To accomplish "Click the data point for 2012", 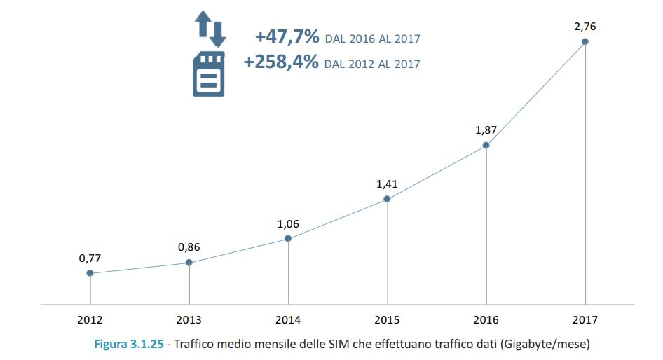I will pos(90,273).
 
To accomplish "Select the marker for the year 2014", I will pos(288,239).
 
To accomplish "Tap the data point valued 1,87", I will pos(486,146).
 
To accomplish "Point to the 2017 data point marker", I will pos(585,41).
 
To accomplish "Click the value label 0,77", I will pos(90,258).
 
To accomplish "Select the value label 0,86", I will pos(189,247).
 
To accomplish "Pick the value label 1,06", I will pos(288,223).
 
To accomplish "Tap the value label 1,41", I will pos(387,184).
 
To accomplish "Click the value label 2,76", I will pos(585,26).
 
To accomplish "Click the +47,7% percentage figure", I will pos(287,36).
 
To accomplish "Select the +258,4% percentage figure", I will pos(281,62).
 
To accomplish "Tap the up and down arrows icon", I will pos(209,29).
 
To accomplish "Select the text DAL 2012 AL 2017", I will pos(373,64).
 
